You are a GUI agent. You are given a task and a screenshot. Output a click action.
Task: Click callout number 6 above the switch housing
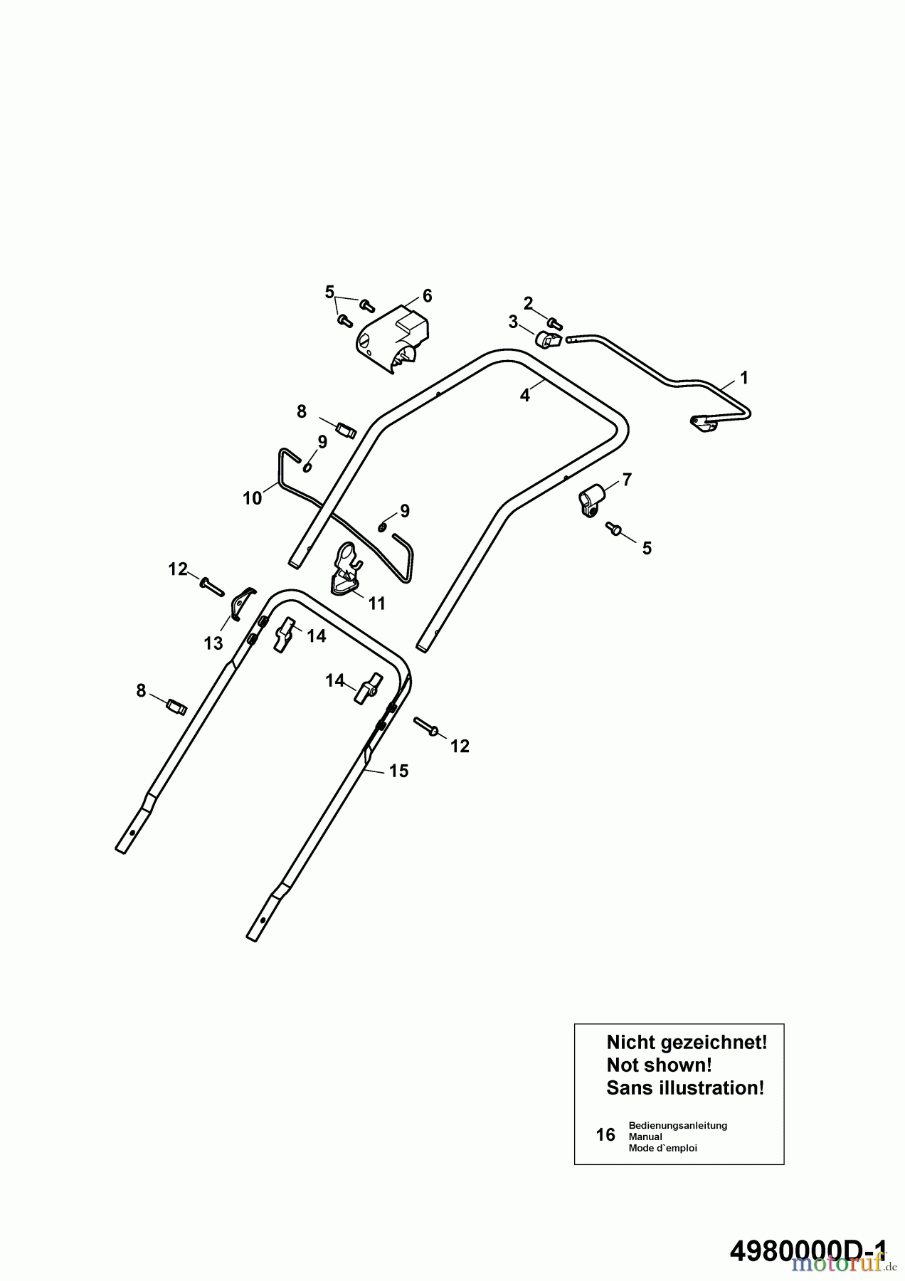pos(427,295)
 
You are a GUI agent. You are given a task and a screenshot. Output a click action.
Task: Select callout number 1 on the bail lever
pos(743,376)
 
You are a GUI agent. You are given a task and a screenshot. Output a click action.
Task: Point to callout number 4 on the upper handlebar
pos(525,396)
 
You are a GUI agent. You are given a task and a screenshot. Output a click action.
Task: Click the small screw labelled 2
pos(556,325)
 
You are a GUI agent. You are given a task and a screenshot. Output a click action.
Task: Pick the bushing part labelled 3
pos(548,340)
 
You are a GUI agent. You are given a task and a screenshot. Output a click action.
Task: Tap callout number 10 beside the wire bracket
pos(253,498)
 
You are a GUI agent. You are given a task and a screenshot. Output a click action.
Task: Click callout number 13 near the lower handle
pos(213,643)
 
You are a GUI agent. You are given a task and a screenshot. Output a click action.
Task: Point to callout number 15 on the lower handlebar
pos(399,771)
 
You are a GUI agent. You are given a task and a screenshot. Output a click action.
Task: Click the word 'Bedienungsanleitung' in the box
pos(677,1125)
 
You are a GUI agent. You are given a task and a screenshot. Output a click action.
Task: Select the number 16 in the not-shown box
pos(605,1134)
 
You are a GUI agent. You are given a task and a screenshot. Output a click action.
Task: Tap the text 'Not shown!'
pos(659,1065)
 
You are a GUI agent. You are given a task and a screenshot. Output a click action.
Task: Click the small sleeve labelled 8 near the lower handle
pos(176,707)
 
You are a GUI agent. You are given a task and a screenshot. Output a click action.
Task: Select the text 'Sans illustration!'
pos(685,1088)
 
